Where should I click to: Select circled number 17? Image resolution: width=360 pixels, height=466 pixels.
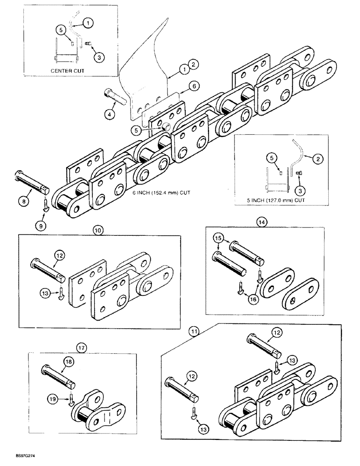tap(82, 347)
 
